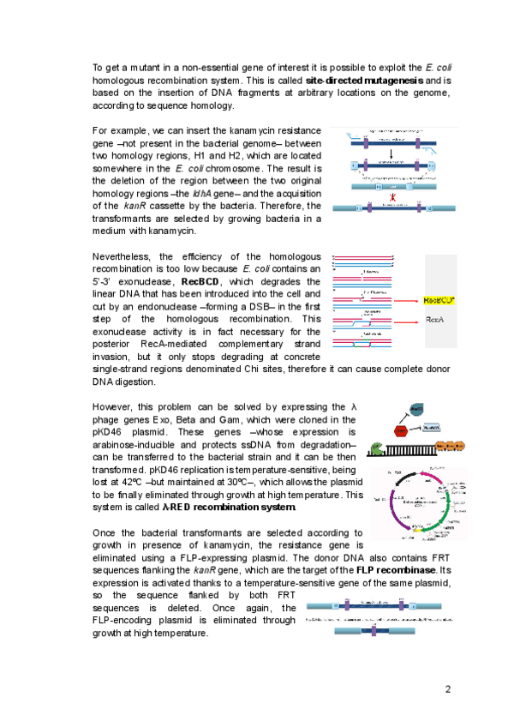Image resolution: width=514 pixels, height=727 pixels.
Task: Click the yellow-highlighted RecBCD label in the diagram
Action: tap(439, 300)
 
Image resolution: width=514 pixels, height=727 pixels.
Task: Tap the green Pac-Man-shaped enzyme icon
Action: tap(376, 447)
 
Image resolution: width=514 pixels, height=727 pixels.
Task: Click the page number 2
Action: tap(447, 690)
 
